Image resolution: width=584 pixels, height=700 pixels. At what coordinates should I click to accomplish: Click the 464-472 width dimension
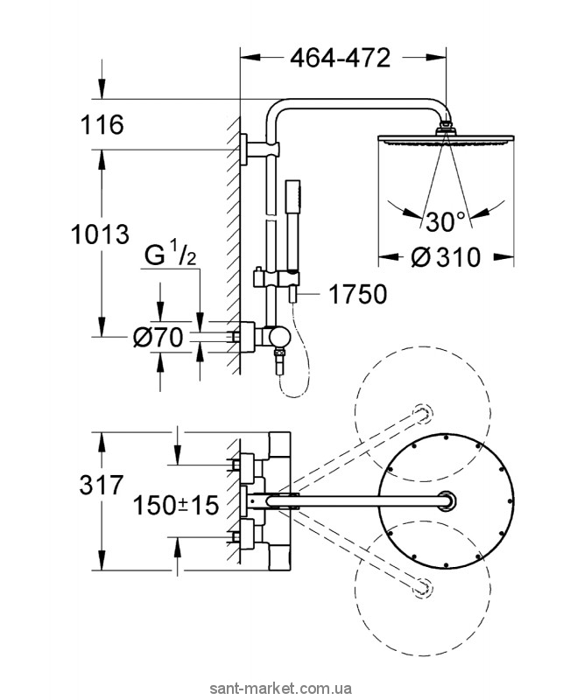click(x=340, y=58)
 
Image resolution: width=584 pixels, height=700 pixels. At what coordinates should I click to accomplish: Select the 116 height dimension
click(x=102, y=124)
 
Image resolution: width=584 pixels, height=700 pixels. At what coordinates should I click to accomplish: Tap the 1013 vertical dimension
click(x=100, y=234)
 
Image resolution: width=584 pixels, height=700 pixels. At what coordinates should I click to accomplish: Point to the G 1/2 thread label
click(x=171, y=256)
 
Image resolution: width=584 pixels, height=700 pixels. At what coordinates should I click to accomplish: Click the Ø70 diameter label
click(x=158, y=337)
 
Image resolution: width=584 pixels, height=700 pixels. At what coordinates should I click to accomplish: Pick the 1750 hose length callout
click(x=358, y=295)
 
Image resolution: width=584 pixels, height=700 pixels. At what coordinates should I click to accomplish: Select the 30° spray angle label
click(x=445, y=222)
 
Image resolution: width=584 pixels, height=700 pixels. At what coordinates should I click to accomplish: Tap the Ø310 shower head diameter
click(x=446, y=257)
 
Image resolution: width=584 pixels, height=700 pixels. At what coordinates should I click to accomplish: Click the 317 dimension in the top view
click(x=101, y=485)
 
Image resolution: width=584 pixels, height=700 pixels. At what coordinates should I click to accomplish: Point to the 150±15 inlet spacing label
click(x=176, y=506)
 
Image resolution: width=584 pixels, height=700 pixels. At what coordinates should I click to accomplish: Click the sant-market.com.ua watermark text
click(x=292, y=688)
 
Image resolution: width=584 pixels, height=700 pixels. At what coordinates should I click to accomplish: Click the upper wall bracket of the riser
click(x=261, y=149)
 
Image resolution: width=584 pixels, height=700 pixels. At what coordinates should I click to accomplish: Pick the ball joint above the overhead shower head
click(x=446, y=128)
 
